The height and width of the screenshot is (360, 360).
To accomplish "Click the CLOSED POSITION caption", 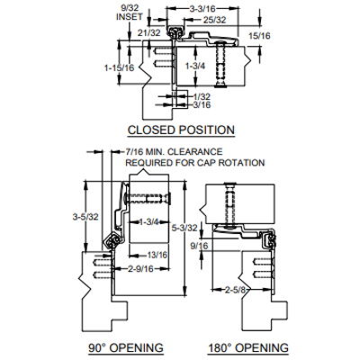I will (x=182, y=130).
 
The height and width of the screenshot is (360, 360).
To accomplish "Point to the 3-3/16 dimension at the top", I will (x=200, y=8).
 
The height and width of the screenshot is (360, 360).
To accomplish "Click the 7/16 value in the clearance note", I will (x=133, y=153).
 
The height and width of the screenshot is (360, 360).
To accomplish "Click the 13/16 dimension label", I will (x=157, y=255).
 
